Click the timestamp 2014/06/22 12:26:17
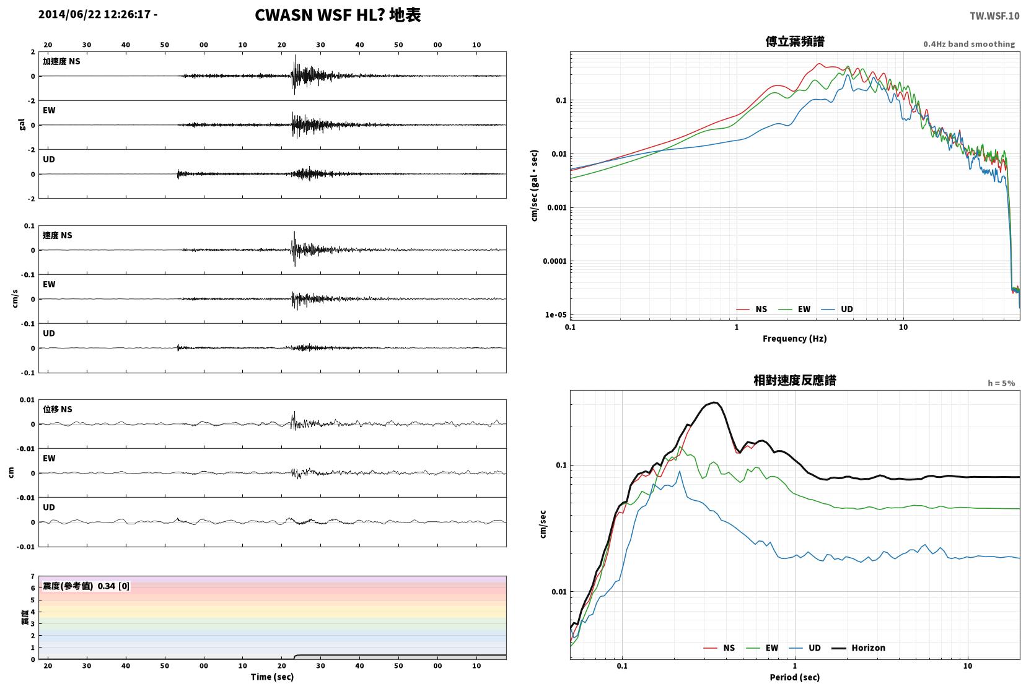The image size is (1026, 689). (94, 14)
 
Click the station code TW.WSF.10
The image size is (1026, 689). (994, 16)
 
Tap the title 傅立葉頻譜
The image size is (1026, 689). (795, 41)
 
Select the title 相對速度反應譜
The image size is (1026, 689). (795, 380)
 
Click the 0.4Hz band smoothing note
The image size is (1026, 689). (969, 44)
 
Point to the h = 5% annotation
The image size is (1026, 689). (1001, 383)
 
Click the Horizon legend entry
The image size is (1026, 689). (858, 648)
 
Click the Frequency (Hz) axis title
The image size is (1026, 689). (795, 339)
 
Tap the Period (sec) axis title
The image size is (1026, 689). (795, 677)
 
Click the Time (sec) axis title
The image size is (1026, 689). (272, 677)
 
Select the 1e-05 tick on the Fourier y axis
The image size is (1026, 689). (555, 314)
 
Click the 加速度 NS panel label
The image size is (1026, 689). (61, 61)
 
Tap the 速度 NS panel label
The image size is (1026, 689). (57, 235)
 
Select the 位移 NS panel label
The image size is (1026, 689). (57, 409)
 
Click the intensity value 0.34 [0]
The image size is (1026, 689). (113, 586)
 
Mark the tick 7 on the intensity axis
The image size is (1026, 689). (32, 576)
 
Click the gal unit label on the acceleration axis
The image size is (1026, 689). (22, 124)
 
